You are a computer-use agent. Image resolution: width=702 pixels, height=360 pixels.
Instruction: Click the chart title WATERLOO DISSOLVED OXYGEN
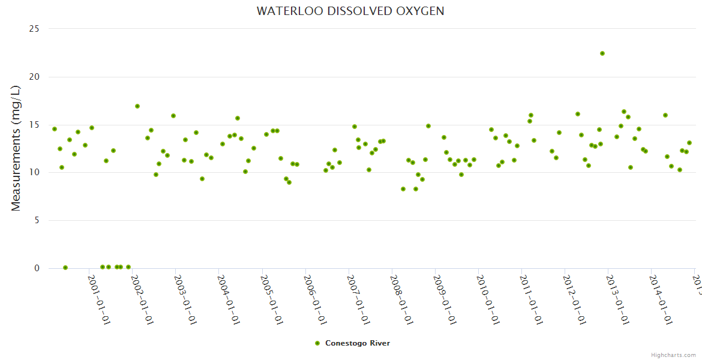pos(350,11)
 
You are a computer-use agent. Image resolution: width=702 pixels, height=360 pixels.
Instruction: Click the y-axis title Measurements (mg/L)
pos(16,148)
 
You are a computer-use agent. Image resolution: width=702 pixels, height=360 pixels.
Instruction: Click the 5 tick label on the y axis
pos(37,220)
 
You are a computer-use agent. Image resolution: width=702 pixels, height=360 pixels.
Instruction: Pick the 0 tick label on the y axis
pos(37,268)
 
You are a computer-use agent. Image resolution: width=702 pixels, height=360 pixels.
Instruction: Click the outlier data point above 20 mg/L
pos(602,53)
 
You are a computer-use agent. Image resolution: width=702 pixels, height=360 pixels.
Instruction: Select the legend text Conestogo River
pos(358,343)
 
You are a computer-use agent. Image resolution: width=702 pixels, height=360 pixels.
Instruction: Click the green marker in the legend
pos(317,343)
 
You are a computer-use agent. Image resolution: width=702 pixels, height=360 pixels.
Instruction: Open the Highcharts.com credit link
pos(673,355)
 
